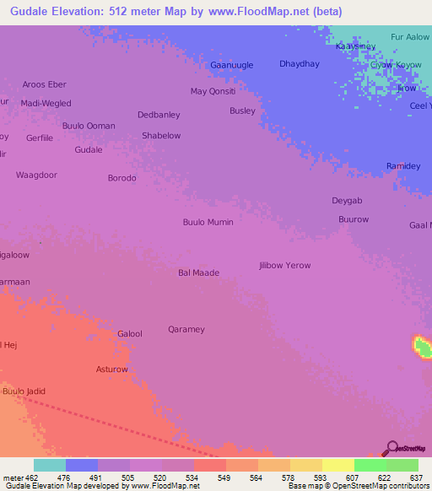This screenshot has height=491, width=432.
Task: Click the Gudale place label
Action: click(x=89, y=149)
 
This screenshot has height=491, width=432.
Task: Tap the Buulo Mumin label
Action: click(x=208, y=222)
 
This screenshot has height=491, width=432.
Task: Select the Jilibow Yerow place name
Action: click(x=284, y=265)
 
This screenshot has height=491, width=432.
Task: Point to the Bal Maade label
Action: click(x=198, y=272)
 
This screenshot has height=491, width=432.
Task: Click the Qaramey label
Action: click(x=186, y=329)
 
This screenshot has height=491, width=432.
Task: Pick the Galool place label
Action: click(x=129, y=334)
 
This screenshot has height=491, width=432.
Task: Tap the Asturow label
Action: click(x=112, y=370)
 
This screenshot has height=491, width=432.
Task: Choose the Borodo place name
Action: click(x=121, y=178)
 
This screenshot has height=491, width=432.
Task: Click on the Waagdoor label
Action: click(x=36, y=175)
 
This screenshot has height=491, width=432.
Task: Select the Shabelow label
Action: click(x=161, y=135)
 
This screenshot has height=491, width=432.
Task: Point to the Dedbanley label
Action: click(x=159, y=115)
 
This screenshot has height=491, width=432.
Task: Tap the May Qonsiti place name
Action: click(x=213, y=91)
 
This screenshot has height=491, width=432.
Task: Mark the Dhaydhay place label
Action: click(x=300, y=63)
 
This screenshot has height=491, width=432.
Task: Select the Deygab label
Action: click(x=347, y=200)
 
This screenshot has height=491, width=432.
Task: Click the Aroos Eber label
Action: click(x=44, y=84)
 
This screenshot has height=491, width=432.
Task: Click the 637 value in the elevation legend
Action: click(x=417, y=477)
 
